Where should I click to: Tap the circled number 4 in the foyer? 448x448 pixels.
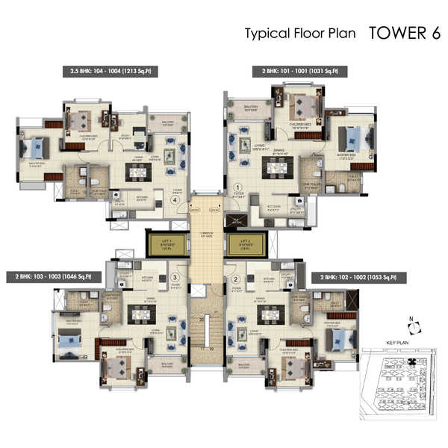click(x=175, y=199)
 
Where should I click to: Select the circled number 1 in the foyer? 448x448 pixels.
click(x=238, y=187)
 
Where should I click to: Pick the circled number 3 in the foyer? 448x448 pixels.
click(x=174, y=278)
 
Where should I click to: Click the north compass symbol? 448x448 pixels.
click(x=416, y=325)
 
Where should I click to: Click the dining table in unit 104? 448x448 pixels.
click(x=137, y=171)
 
